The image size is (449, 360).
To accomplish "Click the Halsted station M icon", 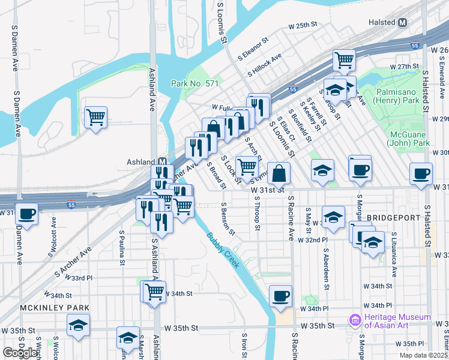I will tap(402, 22).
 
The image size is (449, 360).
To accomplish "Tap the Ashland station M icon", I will tap(162, 162).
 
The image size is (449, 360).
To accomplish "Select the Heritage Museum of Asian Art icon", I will tap(355, 321).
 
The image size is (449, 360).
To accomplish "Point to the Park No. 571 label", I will tap(194, 83).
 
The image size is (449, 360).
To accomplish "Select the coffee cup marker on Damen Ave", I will tap(26, 213).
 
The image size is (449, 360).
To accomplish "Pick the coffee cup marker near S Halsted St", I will tap(420, 173).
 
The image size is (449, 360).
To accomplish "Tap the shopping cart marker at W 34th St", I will tap(154, 292).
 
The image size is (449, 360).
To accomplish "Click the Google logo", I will tap(20, 352).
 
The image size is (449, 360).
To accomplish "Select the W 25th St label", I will tap(302, 26).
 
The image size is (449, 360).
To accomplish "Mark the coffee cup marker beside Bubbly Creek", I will tap(280, 295).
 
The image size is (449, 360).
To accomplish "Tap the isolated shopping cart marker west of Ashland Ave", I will tap(96, 116).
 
